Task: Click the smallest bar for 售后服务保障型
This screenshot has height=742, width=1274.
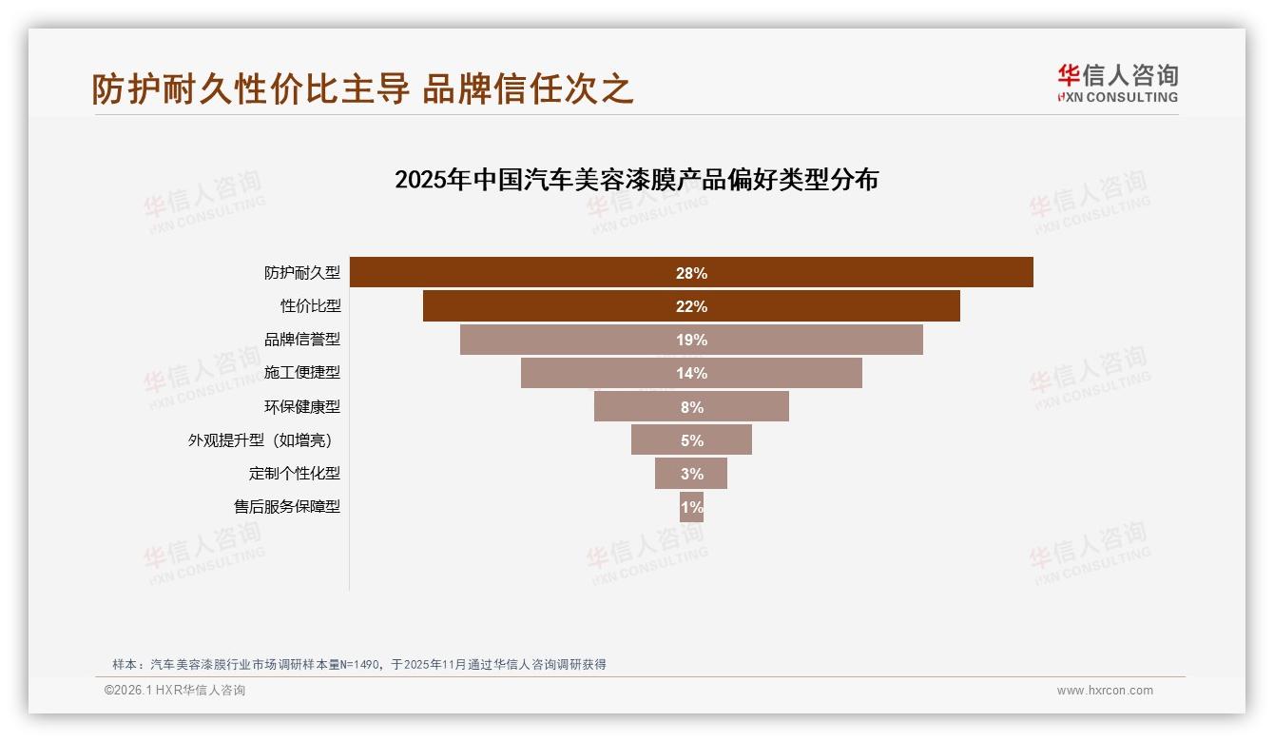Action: (691, 507)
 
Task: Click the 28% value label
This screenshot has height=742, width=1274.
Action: (691, 273)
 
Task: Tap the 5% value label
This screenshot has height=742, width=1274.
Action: (691, 440)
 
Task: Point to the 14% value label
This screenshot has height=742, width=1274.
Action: (691, 373)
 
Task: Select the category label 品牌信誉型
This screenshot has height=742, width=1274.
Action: (301, 340)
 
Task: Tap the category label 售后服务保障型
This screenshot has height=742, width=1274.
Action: (286, 507)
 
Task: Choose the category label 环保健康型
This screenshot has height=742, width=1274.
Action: (301, 406)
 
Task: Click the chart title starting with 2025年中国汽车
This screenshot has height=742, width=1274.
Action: (636, 180)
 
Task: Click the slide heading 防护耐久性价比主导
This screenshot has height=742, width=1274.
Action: (362, 88)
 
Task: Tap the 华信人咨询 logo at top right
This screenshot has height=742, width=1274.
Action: (1117, 83)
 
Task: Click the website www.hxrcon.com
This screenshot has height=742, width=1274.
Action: (1104, 691)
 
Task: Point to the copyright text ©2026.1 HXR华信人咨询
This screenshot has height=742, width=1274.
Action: (174, 691)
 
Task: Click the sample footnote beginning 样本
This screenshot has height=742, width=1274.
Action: (358, 664)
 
